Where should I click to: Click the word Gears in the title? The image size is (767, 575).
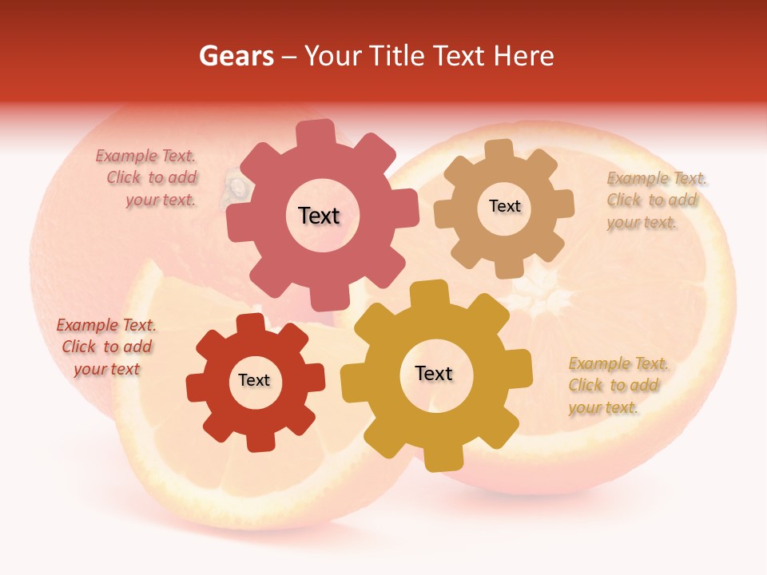pos(235,56)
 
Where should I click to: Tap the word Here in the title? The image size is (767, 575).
pos(523,56)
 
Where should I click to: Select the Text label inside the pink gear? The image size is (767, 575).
pos(319,216)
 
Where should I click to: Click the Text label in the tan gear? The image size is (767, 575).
pos(504,206)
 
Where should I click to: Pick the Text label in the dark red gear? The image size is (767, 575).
pos(254,380)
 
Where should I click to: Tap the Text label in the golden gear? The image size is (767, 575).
pos(434,373)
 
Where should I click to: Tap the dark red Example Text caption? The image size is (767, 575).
pos(106,347)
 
